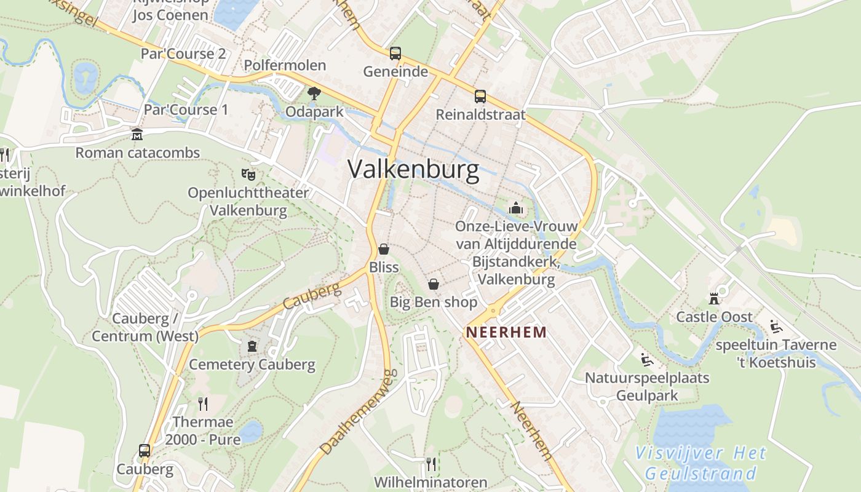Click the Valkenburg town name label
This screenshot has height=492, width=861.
[413, 169]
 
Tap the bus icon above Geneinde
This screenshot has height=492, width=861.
[395, 54]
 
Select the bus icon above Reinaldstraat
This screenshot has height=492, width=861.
[480, 97]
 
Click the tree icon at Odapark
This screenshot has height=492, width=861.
[314, 93]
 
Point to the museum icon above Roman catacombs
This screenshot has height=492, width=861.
[137, 134]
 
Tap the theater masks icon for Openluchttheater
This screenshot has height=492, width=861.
[248, 174]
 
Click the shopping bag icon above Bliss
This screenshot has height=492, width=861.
[384, 249]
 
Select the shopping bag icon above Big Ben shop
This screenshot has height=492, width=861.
[434, 284]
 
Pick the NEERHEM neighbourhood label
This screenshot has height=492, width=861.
[506, 333]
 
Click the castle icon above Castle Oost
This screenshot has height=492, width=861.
[714, 298]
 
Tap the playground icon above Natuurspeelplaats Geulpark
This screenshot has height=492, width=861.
[646, 359]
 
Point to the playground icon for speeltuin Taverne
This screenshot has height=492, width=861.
[776, 326]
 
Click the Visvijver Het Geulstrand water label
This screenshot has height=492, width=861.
[700, 463]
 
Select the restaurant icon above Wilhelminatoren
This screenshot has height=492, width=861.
[431, 463]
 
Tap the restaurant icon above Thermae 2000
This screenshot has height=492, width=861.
[203, 403]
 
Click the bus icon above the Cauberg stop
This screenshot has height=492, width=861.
[145, 451]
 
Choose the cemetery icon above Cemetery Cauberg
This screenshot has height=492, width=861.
[252, 346]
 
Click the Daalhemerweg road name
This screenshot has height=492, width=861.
[357, 412]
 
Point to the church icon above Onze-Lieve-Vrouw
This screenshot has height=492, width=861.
[516, 208]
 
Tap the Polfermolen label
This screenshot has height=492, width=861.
[285, 65]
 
